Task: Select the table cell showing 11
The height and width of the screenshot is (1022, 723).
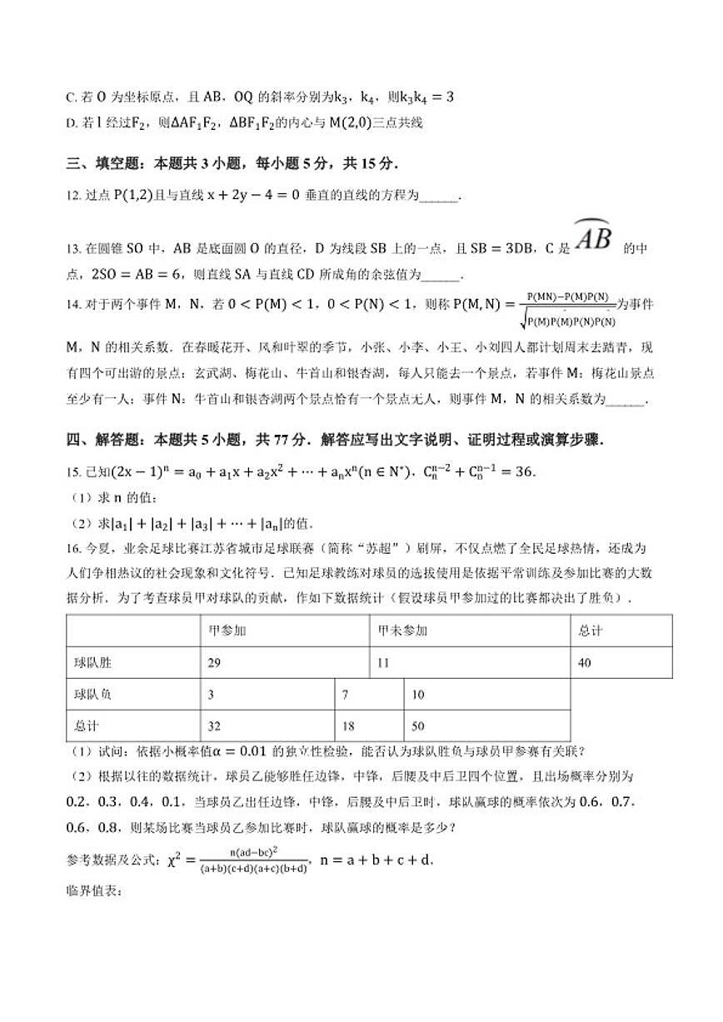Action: click(x=384, y=663)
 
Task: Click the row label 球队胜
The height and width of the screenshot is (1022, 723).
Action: click(x=92, y=663)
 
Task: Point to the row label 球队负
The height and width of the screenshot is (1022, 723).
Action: click(x=92, y=694)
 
